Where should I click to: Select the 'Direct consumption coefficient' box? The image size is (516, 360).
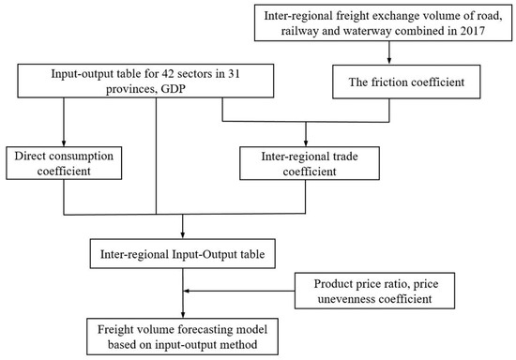pos(63,160)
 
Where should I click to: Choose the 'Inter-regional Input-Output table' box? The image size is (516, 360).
pos(183,253)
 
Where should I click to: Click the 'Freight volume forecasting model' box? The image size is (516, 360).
pos(182,335)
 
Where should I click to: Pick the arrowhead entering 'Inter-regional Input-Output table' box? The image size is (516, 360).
pos(182,234)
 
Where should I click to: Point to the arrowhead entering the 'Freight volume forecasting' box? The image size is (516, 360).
pos(182,313)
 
